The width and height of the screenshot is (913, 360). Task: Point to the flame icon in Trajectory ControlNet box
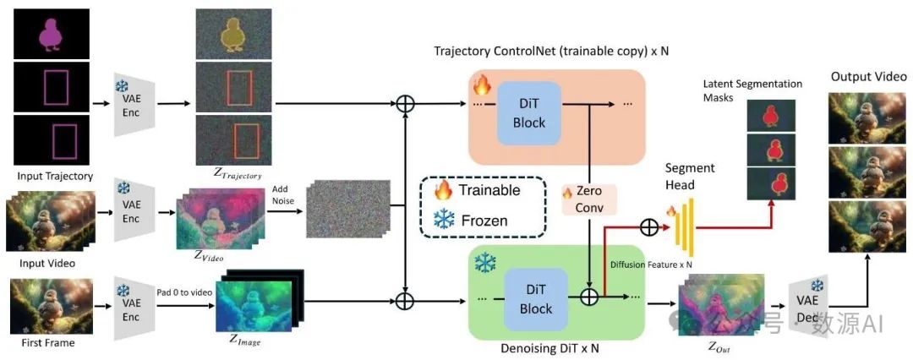[483, 85]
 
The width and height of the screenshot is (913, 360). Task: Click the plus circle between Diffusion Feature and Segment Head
[648, 226]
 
